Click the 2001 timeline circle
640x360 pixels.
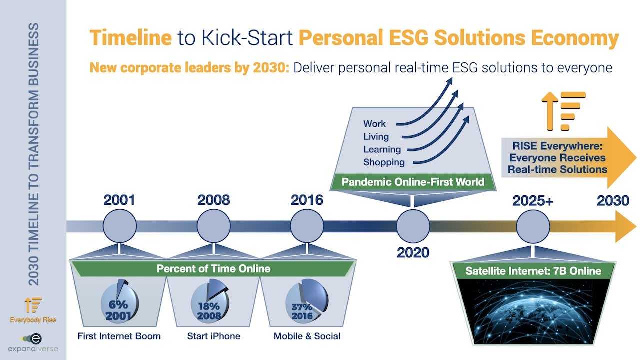point(119,226)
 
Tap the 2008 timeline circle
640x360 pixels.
point(213,226)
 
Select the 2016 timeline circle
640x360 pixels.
point(307,226)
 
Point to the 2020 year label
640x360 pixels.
point(413,253)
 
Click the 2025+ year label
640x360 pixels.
point(533,201)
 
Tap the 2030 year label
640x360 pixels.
point(613,201)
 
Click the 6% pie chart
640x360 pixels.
point(119,302)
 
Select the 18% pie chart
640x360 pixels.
point(210,301)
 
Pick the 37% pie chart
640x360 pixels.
point(307,301)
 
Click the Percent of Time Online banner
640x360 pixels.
point(213,269)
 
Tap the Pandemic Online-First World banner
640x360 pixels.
point(413,182)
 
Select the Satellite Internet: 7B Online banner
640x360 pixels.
point(533,271)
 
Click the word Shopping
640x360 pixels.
point(384,162)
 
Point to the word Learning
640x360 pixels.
point(382,149)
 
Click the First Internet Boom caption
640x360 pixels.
point(119,336)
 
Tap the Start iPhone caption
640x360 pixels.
point(213,336)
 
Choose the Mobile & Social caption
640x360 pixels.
point(307,336)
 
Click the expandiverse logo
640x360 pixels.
point(33,343)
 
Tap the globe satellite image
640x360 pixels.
point(533,311)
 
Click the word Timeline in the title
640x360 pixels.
point(131,37)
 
